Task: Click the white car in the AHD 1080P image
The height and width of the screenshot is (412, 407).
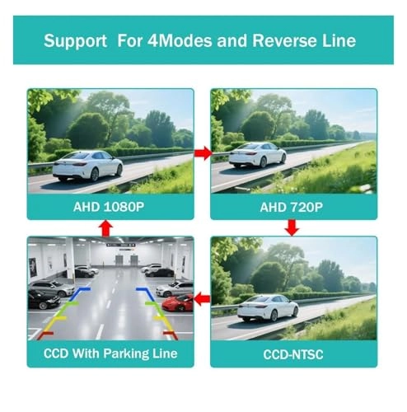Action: pos(87,166)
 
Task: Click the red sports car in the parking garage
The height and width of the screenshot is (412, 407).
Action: pos(177,302)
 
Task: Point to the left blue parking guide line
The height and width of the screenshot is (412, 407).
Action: pos(77,293)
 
